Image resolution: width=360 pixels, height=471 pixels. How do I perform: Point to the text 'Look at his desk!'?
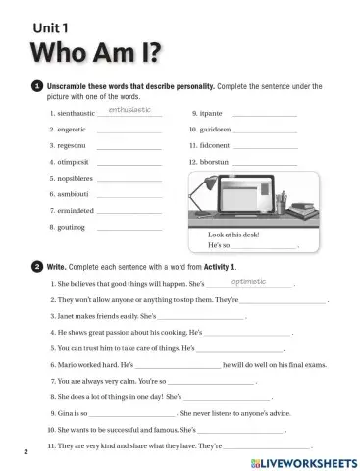236,235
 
